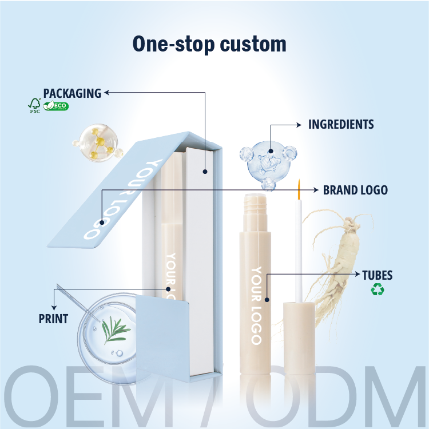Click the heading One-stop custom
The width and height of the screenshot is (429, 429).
click(209, 44)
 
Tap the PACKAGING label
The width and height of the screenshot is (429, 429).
click(72, 93)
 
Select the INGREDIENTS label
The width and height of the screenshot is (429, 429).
click(341, 124)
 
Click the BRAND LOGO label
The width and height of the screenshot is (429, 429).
click(355, 189)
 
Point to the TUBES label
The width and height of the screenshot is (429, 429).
click(377, 275)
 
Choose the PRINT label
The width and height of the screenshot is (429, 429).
click(53, 319)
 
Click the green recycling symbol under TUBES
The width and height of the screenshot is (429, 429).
click(378, 290)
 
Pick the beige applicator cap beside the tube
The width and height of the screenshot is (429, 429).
click(299, 337)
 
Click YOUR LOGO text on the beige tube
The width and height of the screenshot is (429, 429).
click(255, 306)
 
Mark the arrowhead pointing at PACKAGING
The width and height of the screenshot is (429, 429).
click(107, 92)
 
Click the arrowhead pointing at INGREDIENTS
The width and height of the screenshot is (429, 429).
click(299, 124)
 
